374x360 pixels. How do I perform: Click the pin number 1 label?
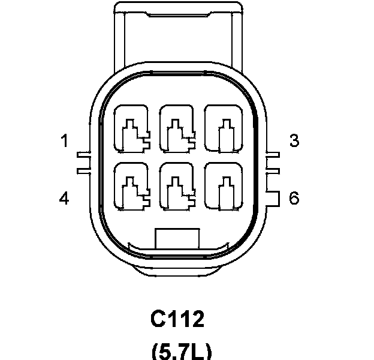point(64,142)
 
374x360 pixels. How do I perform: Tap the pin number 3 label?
point(294,141)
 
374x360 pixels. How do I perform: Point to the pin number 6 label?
point(294,198)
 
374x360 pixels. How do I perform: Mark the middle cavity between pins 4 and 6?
point(177,186)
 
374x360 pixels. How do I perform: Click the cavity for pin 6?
point(224,186)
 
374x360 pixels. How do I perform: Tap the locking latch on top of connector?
point(178,36)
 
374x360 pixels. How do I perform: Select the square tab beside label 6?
point(274,197)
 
